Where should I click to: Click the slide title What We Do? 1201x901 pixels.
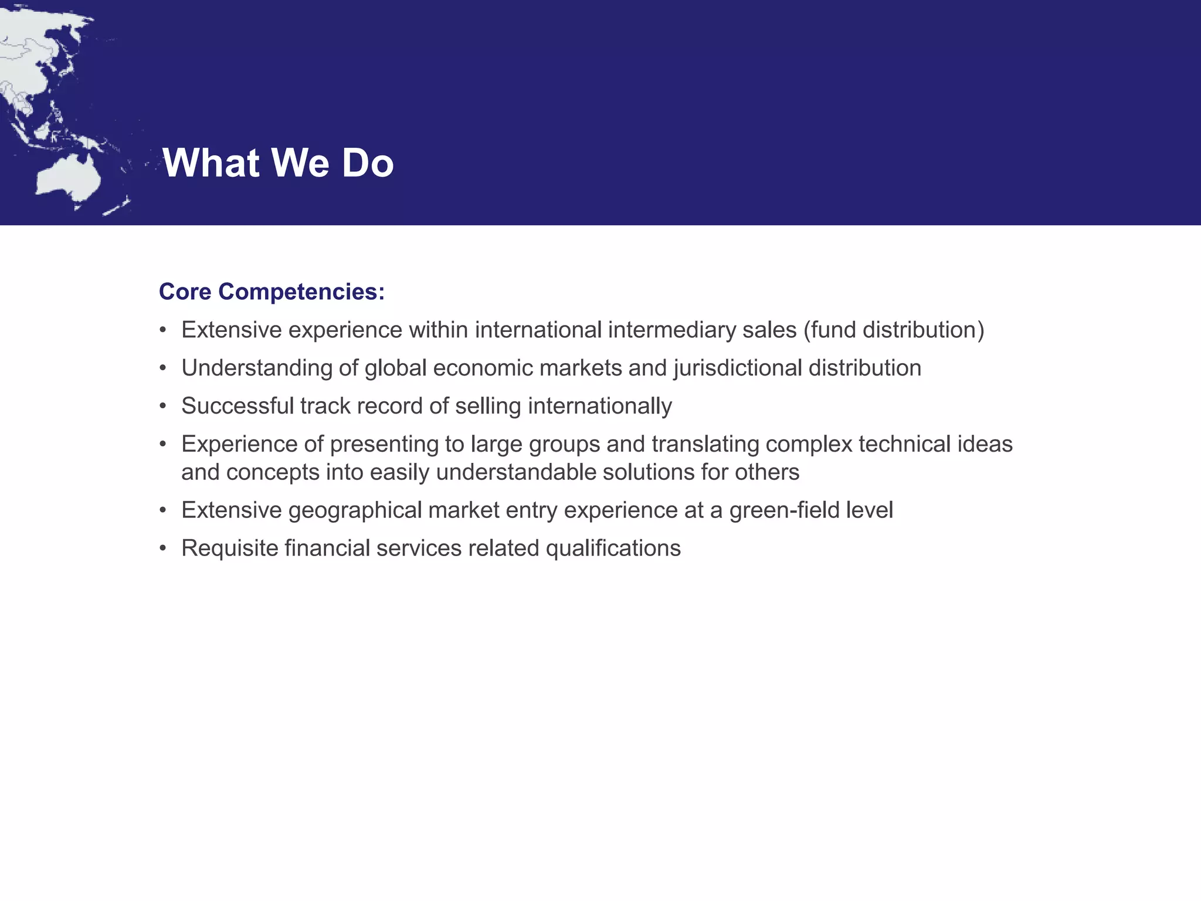(278, 162)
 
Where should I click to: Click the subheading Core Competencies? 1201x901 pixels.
(272, 292)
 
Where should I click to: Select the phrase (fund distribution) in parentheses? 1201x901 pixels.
(894, 330)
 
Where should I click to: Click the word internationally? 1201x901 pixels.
(600, 406)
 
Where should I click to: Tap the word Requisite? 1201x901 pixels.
(230, 548)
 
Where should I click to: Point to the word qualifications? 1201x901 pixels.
(613, 548)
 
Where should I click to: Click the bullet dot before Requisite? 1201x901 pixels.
(163, 548)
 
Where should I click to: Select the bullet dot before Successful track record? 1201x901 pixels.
(163, 406)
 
